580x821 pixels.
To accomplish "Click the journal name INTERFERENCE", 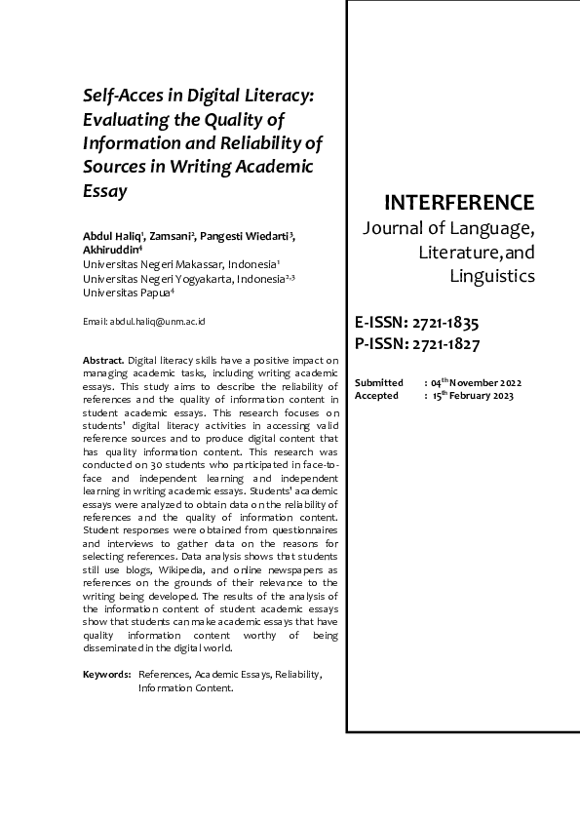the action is [459, 203].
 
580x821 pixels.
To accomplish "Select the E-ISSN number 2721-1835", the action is [443, 323].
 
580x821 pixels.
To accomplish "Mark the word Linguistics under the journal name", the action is [492, 276].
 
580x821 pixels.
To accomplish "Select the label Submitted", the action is [379, 383].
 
